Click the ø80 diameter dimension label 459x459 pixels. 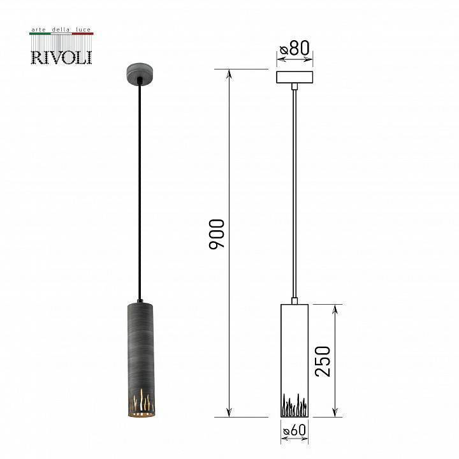[x=295, y=48]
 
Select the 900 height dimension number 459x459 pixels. [x=217, y=233]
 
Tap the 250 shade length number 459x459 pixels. [x=323, y=361]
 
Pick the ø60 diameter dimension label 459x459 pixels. [x=295, y=431]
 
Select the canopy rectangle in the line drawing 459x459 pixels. [x=295, y=77]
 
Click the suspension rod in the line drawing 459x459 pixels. [x=295, y=191]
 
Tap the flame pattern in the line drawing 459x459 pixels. [x=294, y=404]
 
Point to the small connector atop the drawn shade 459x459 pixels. [x=295, y=300]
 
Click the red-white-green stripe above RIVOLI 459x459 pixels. [x=61, y=34]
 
